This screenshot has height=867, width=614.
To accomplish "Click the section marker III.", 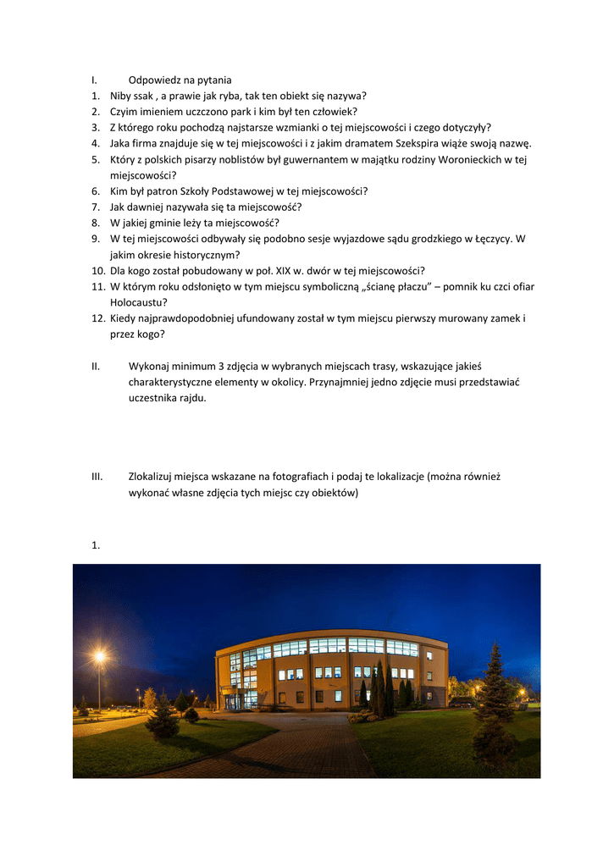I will pyautogui.click(x=97, y=477).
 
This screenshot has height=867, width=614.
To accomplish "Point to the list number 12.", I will pyautogui.click(x=98, y=318).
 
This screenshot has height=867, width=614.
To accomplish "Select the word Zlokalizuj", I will pyautogui.click(x=154, y=477).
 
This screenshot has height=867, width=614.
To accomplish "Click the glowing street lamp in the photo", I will pyautogui.click(x=100, y=656).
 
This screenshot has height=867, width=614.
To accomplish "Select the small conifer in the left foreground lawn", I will pyautogui.click(x=162, y=718).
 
